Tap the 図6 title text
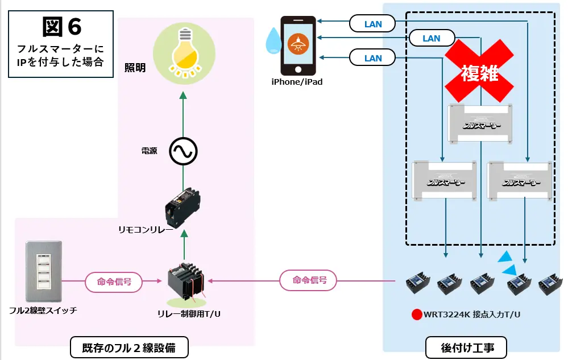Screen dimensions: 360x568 click(x=61, y=27)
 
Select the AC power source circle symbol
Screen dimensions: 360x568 click(x=183, y=152)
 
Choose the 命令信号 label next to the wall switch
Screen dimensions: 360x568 click(x=114, y=282)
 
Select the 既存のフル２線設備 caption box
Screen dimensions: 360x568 click(x=129, y=346)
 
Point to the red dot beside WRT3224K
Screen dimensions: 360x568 click(x=417, y=315)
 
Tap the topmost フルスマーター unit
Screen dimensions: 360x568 click(x=480, y=122)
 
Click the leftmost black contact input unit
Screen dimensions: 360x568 click(x=418, y=282)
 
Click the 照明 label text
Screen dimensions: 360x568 click(x=135, y=68)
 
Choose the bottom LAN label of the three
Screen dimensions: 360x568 click(x=373, y=58)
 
